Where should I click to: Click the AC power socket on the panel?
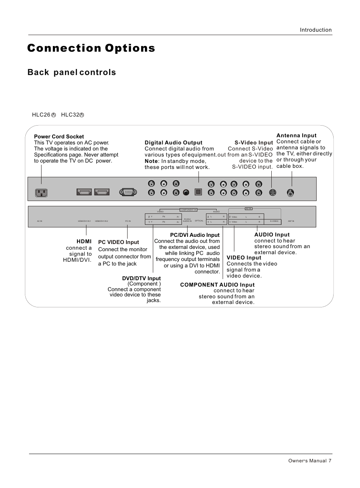tap(42, 192)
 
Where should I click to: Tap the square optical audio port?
tap(198, 192)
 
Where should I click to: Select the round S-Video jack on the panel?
tap(272, 192)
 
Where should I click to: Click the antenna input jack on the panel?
tap(290, 192)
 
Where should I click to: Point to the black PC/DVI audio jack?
tap(186, 192)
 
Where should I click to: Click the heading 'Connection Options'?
tap(91, 48)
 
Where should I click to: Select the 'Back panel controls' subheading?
tap(72, 72)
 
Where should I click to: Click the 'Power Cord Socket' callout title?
tap(59, 137)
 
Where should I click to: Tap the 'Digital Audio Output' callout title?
tap(174, 143)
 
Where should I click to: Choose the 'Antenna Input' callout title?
tap(297, 135)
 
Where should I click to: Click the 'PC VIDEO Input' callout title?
tap(118, 242)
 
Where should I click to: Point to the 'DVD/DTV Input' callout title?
tap(142, 278)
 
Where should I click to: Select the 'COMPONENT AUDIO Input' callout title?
tap(217, 285)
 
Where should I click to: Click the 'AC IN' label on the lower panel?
tap(40, 221)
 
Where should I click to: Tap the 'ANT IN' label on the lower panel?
tap(291, 221)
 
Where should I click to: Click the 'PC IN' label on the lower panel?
tap(128, 221)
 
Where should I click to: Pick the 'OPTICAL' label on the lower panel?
tap(199, 221)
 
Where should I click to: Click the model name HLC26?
tap(41, 115)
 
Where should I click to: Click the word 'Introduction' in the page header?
tap(316, 30)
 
